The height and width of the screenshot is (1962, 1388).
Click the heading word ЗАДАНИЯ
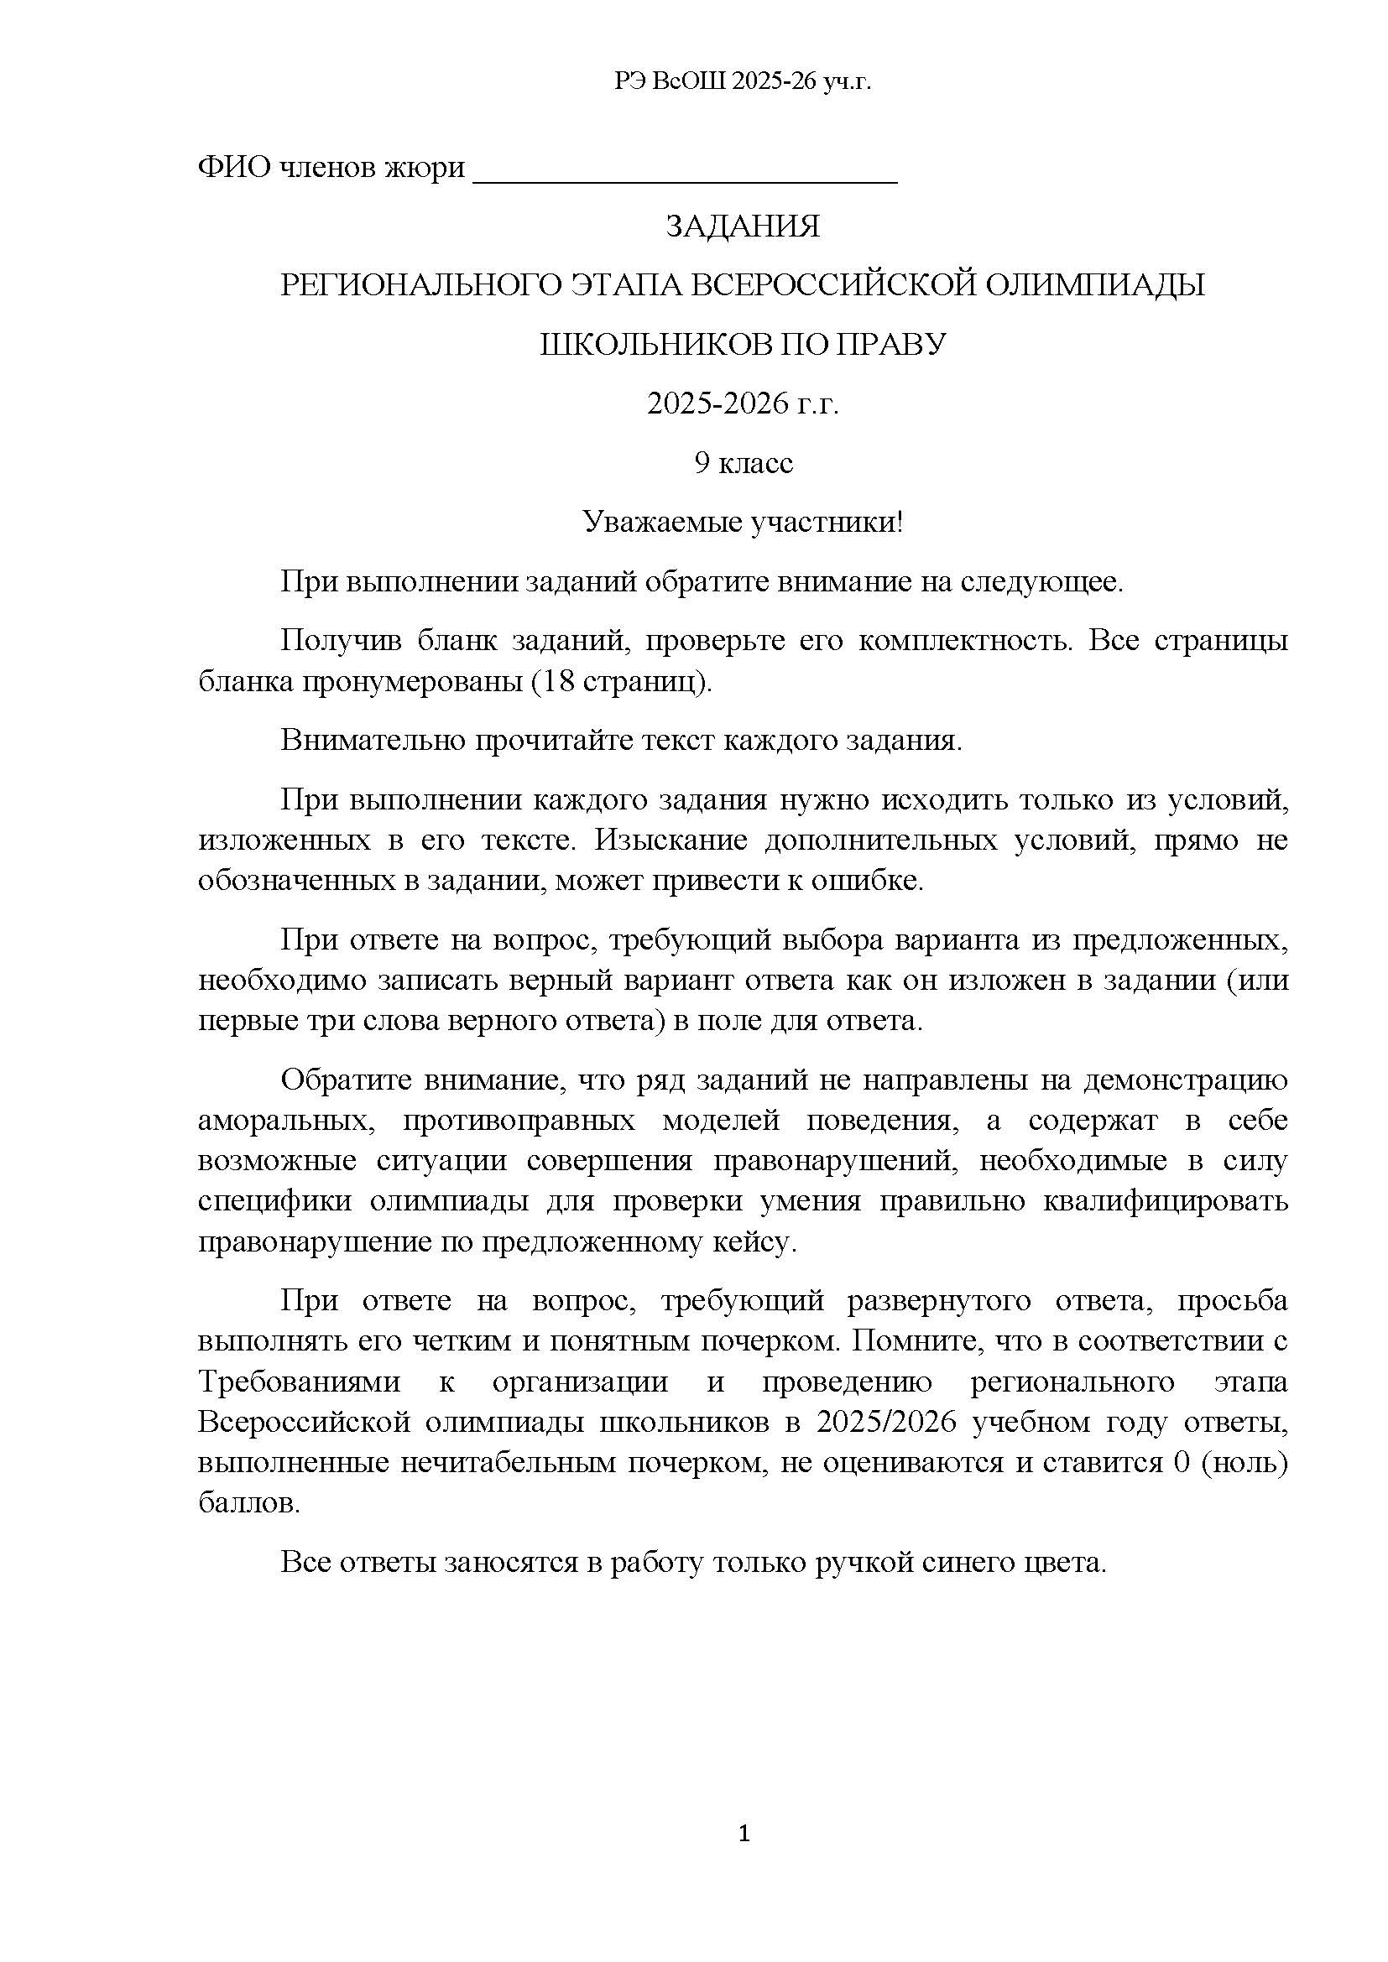pos(742,226)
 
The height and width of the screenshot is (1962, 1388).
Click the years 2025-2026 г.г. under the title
pos(742,403)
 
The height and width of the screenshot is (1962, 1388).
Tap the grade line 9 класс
pos(742,463)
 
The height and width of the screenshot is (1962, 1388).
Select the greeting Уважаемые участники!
pos(742,522)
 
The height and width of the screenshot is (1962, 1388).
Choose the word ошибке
pos(879,881)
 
